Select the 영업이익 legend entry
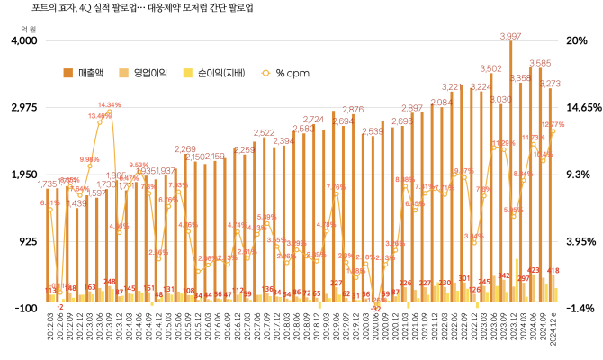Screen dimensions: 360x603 click(x=150, y=72)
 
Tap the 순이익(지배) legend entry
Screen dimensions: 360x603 click(x=217, y=72)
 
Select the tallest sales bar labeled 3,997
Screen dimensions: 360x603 click(x=510, y=171)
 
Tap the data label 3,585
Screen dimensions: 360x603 click(x=540, y=63)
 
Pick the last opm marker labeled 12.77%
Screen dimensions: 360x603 click(x=553, y=131)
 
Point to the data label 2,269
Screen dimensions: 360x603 click(x=185, y=148)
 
